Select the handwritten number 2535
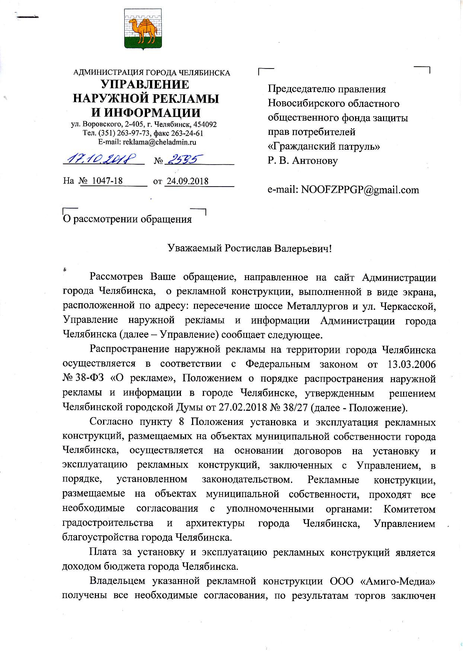pyautogui.click(x=183, y=160)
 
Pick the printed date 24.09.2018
pyautogui.click(x=187, y=181)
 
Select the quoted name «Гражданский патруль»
pyautogui.click(x=324, y=146)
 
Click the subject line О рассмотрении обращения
pyautogui.click(x=127, y=219)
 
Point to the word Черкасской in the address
pyautogui.click(x=405, y=306)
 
